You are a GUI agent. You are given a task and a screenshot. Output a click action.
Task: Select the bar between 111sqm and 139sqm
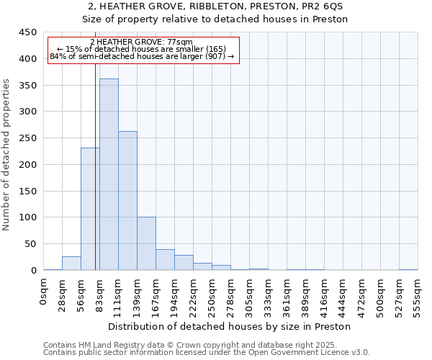[x=127, y=201]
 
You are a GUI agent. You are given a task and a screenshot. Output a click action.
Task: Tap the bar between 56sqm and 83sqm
[x=90, y=209]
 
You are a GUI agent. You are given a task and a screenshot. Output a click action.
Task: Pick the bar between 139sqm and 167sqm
[x=146, y=243]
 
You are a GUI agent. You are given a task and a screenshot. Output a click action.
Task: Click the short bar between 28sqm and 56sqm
[x=71, y=264]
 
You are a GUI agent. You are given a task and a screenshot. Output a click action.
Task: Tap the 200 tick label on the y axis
[x=28, y=165]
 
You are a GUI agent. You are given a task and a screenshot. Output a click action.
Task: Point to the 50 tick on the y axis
[x=31, y=244]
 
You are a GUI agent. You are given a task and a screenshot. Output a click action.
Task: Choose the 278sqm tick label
[x=231, y=296]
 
